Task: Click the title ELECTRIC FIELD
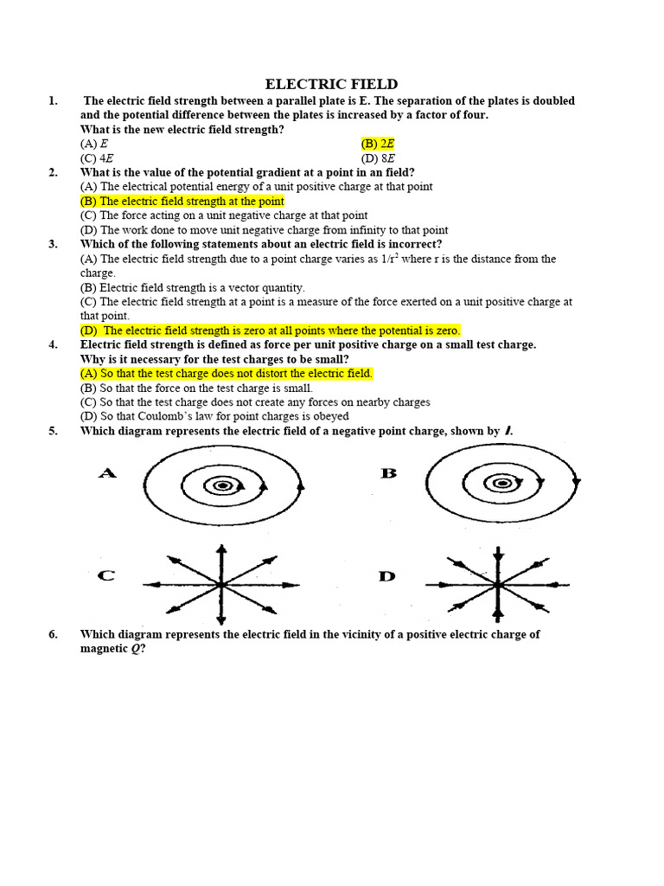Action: pos(331,84)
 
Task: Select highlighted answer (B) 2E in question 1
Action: pos(378,144)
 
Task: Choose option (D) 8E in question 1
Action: pos(378,158)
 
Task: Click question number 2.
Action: pos(54,172)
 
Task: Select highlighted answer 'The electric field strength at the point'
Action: pos(182,201)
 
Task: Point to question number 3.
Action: pos(54,244)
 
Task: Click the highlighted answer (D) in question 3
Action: pos(270,331)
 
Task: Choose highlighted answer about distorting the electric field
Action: pos(227,373)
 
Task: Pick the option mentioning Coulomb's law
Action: pos(214,416)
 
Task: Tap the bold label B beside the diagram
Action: pos(388,473)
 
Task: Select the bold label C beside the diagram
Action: pos(106,575)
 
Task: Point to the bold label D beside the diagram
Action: pos(387,575)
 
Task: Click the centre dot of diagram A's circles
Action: pos(222,485)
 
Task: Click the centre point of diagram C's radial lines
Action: pos(221,585)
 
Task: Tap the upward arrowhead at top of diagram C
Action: pos(221,549)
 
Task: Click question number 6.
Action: pos(54,634)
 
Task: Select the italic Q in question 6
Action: pos(135,649)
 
